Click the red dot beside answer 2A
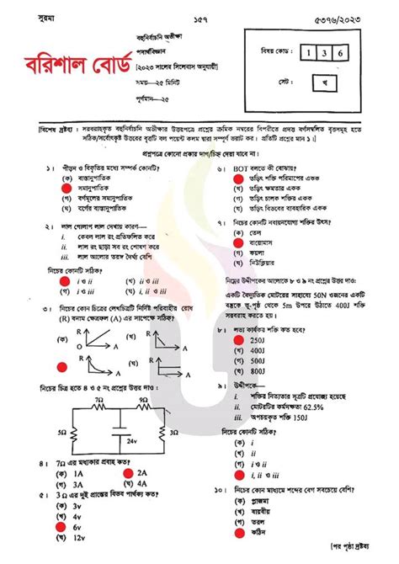127,473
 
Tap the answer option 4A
143,484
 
